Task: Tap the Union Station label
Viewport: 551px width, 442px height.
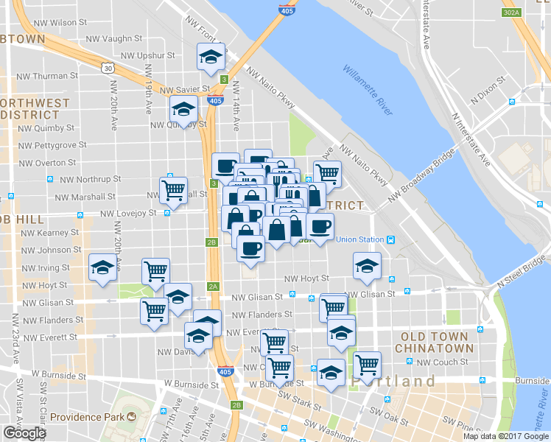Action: [360, 239]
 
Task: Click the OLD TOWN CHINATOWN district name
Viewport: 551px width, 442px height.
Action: [434, 342]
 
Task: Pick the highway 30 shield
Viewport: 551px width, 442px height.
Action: [108, 68]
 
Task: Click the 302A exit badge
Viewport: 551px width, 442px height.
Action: [512, 13]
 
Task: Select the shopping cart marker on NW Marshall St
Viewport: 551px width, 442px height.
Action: [174, 190]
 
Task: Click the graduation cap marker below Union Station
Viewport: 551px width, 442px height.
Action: [367, 266]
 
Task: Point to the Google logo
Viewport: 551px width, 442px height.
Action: [24, 433]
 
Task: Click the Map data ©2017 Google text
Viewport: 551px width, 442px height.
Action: [505, 436]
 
